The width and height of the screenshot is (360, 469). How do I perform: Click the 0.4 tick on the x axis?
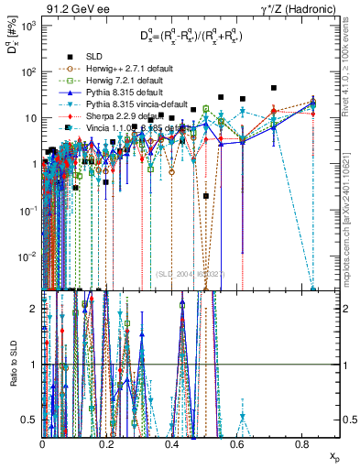tap(171, 444)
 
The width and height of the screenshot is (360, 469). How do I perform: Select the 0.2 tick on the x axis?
tap(107, 444)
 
